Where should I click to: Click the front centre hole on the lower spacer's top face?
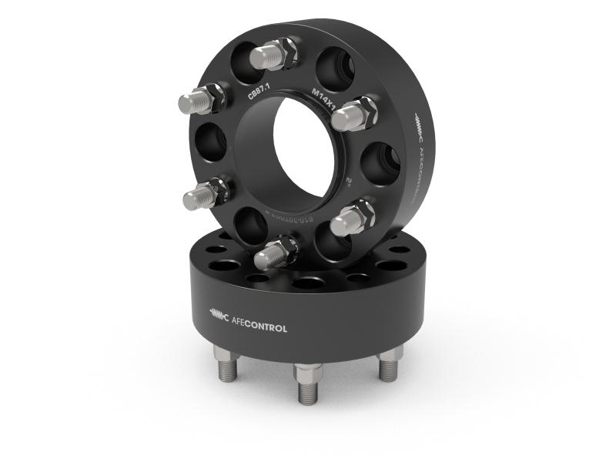(x=306, y=284)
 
